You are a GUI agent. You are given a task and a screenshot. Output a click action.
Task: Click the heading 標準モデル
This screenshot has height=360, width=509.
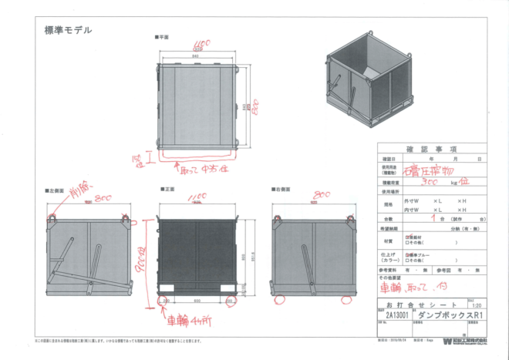(x=68, y=31)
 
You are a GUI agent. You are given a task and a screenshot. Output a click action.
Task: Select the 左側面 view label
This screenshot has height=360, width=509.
(x=55, y=189)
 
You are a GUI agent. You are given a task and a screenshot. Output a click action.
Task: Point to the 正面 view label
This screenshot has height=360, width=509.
(x=169, y=189)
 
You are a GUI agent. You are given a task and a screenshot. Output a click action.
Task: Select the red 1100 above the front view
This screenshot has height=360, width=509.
(x=196, y=198)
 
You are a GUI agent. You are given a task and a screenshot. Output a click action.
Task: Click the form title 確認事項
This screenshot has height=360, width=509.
(x=429, y=149)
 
